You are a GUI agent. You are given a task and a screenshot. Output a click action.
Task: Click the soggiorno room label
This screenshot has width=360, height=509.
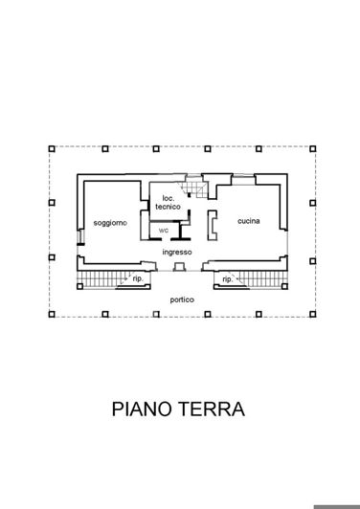(110, 223)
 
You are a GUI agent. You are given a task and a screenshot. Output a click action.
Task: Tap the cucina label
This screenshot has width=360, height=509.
(249, 219)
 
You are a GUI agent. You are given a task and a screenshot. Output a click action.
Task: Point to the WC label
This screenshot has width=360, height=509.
(163, 231)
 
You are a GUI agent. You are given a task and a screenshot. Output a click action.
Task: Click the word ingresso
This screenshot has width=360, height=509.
(177, 252)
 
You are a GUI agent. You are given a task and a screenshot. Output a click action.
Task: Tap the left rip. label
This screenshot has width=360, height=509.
(138, 279)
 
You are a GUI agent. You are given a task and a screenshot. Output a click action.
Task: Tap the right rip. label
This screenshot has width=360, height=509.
(228, 279)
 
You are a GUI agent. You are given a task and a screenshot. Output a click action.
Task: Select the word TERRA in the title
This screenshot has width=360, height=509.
(213, 409)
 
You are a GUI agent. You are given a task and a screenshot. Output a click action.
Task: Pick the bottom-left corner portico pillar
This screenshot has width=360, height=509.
(52, 315)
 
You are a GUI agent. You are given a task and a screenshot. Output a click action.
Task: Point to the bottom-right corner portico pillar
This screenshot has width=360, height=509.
(312, 315)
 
